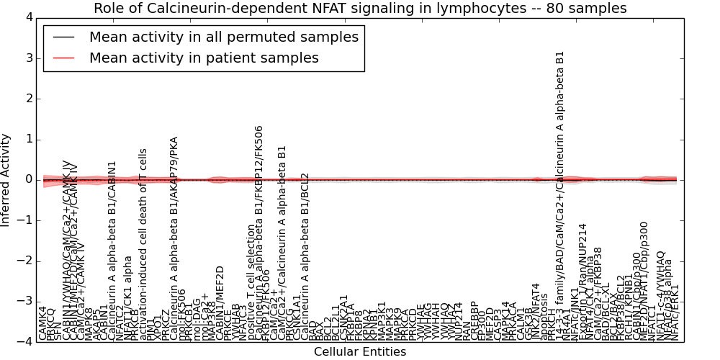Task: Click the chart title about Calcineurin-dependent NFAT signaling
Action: pyautogui.click(x=360, y=9)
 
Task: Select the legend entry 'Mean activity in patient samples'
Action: pyautogui.click(x=204, y=58)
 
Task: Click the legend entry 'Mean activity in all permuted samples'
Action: pyautogui.click(x=223, y=37)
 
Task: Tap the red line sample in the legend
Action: pyautogui.click(x=63, y=58)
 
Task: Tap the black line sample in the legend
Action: pyautogui.click(x=63, y=37)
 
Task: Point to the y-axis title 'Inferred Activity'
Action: pyautogui.click(x=6, y=180)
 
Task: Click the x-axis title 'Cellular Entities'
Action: pyautogui.click(x=360, y=352)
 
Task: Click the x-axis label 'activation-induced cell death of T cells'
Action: pyautogui.click(x=143, y=245)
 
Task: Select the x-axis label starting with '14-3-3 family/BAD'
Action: pyautogui.click(x=560, y=194)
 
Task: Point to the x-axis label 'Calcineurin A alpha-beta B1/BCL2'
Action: pyautogui.click(x=305, y=256)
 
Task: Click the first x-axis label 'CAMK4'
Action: pyautogui.click(x=43, y=323)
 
